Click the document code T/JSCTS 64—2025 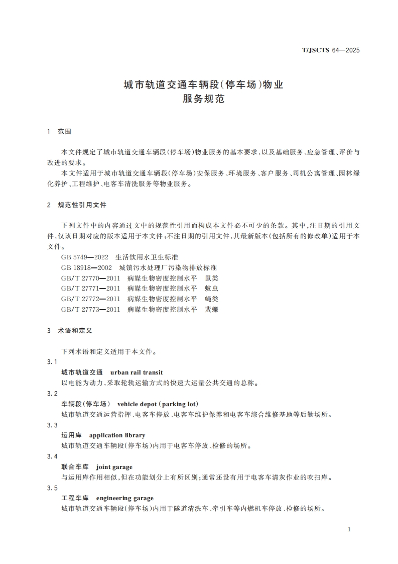pos(331,50)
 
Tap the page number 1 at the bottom pos(349,529)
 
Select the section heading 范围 pos(65,132)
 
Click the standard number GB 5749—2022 pos(85,257)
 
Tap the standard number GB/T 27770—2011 pos(91,278)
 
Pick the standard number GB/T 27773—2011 pos(91,310)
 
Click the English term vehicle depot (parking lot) pos(158,404)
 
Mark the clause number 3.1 pos(52,362)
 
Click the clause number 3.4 pos(52,456)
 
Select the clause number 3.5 pos(52,488)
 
